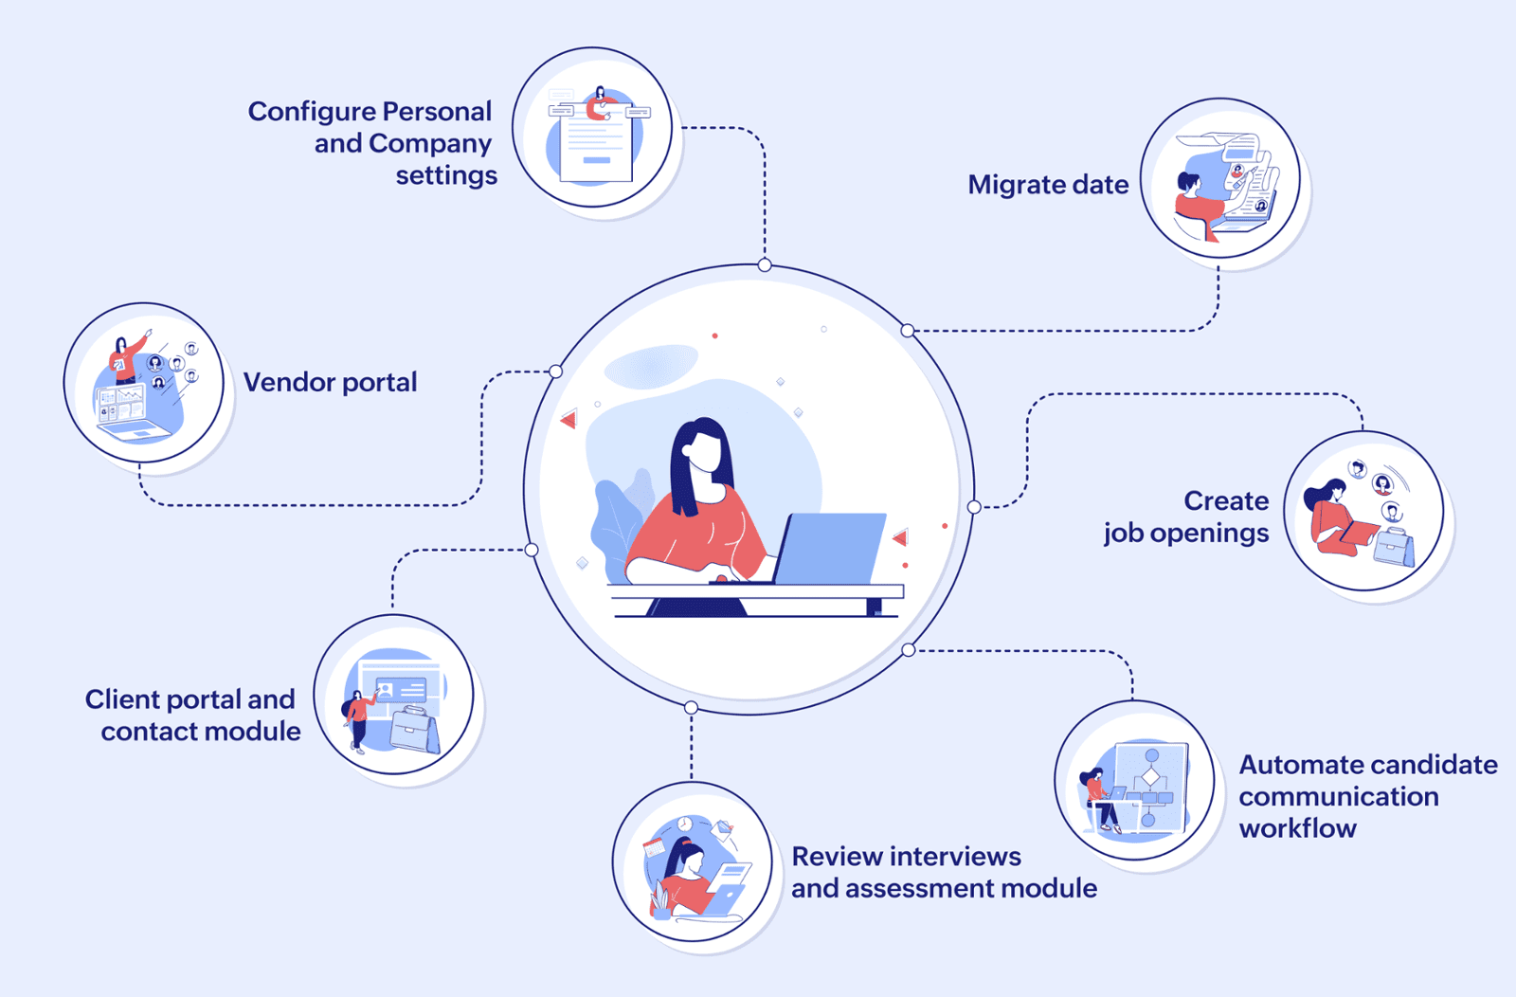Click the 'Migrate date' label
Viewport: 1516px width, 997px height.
point(1048,185)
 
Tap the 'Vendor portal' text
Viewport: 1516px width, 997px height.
point(331,383)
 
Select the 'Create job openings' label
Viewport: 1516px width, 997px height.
point(1186,517)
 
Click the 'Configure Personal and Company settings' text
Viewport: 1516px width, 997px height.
point(372,143)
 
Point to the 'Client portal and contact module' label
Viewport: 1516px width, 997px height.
point(192,716)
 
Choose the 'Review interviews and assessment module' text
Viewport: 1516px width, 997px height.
point(944,873)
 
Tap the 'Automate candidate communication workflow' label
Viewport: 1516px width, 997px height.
point(1368,797)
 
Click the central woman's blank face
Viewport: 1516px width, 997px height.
point(705,451)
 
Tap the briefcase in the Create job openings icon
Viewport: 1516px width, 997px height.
point(1394,548)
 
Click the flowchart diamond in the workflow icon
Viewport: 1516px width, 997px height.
point(1150,776)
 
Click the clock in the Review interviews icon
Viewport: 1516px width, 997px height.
point(685,824)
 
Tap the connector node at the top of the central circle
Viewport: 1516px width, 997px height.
point(765,265)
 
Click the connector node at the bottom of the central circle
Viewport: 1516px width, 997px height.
point(691,708)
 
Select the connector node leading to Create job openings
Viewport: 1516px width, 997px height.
point(974,507)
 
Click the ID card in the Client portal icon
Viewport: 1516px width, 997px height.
point(401,690)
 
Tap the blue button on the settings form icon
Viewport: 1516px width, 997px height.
point(596,160)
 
